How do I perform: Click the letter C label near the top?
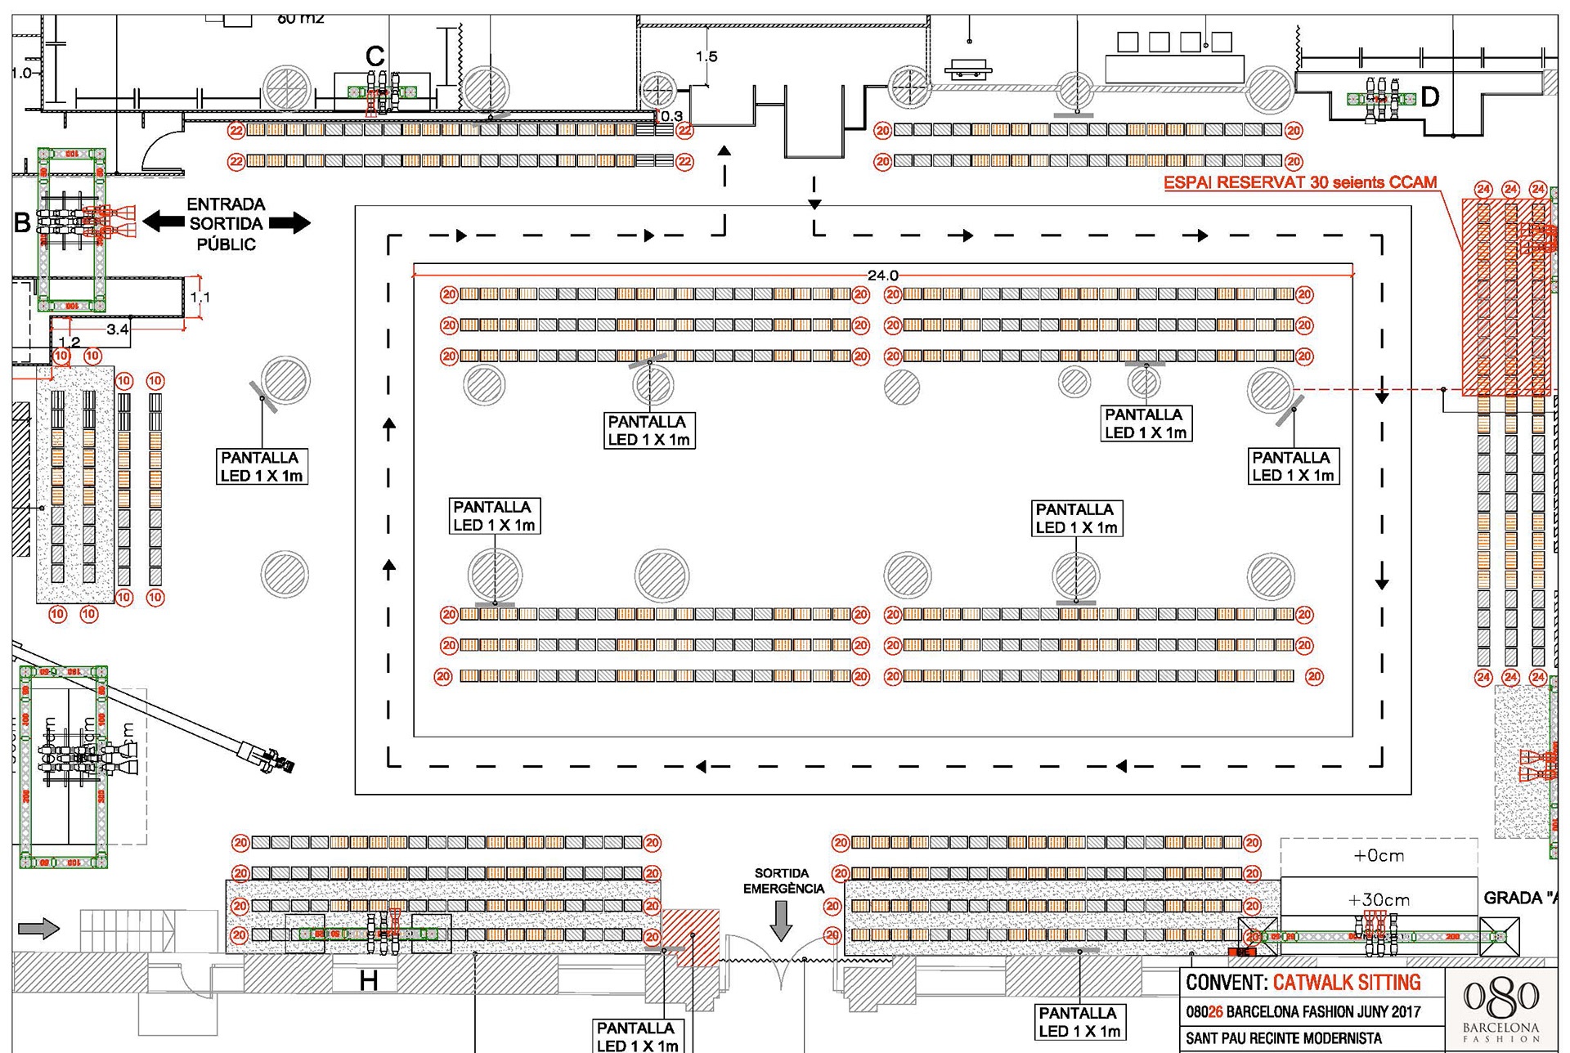point(375,56)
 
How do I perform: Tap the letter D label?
point(1430,97)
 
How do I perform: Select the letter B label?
point(23,222)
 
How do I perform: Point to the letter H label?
point(369,980)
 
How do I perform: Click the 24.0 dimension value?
point(882,276)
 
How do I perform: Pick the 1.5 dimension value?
point(706,56)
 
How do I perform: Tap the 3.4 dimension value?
point(118,329)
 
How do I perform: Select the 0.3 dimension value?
point(671,116)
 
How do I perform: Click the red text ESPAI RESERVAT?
point(1235,182)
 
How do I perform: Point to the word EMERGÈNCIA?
point(783,889)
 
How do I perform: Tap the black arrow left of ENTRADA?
point(164,221)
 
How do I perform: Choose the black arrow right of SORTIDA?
point(289,222)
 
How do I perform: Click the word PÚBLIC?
point(227,244)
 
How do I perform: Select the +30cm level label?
point(1379,900)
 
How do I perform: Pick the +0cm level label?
point(1379,856)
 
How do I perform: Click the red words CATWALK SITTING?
point(1347,983)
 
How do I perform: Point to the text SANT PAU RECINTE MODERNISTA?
point(1284,1038)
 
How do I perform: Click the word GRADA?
point(1513,898)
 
